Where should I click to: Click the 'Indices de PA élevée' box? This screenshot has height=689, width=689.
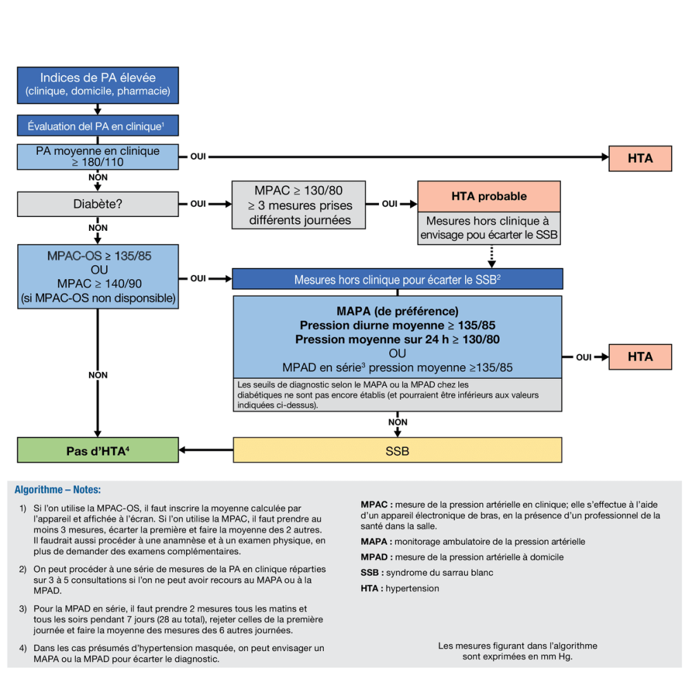pyautogui.click(x=98, y=85)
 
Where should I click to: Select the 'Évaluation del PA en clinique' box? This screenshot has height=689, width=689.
pyautogui.click(x=98, y=126)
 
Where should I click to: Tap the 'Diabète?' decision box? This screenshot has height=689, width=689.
pyautogui.click(x=98, y=204)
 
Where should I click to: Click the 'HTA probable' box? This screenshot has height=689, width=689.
pyautogui.click(x=489, y=196)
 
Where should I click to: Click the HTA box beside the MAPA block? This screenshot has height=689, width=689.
pyautogui.click(x=640, y=356)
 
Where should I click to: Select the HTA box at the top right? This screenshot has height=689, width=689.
pyautogui.click(x=640, y=158)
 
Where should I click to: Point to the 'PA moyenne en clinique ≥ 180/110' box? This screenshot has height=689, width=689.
pyautogui.click(x=98, y=157)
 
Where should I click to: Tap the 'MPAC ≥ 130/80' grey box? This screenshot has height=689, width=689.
pyautogui.click(x=299, y=205)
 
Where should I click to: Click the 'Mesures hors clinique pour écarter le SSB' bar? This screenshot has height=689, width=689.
pyautogui.click(x=398, y=279)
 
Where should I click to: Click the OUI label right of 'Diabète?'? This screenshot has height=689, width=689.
pyautogui.click(x=198, y=204)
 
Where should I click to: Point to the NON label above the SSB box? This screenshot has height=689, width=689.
pyautogui.click(x=398, y=422)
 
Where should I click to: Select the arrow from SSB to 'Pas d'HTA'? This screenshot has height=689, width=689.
pyautogui.click(x=206, y=451)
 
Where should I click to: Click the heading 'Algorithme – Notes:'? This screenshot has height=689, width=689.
pyautogui.click(x=58, y=490)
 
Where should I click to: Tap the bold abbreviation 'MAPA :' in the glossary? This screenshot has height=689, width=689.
pyautogui.click(x=376, y=542)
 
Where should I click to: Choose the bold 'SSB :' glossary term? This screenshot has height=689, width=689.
pyautogui.click(x=372, y=573)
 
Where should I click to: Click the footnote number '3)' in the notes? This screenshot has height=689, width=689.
pyautogui.click(x=23, y=608)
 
